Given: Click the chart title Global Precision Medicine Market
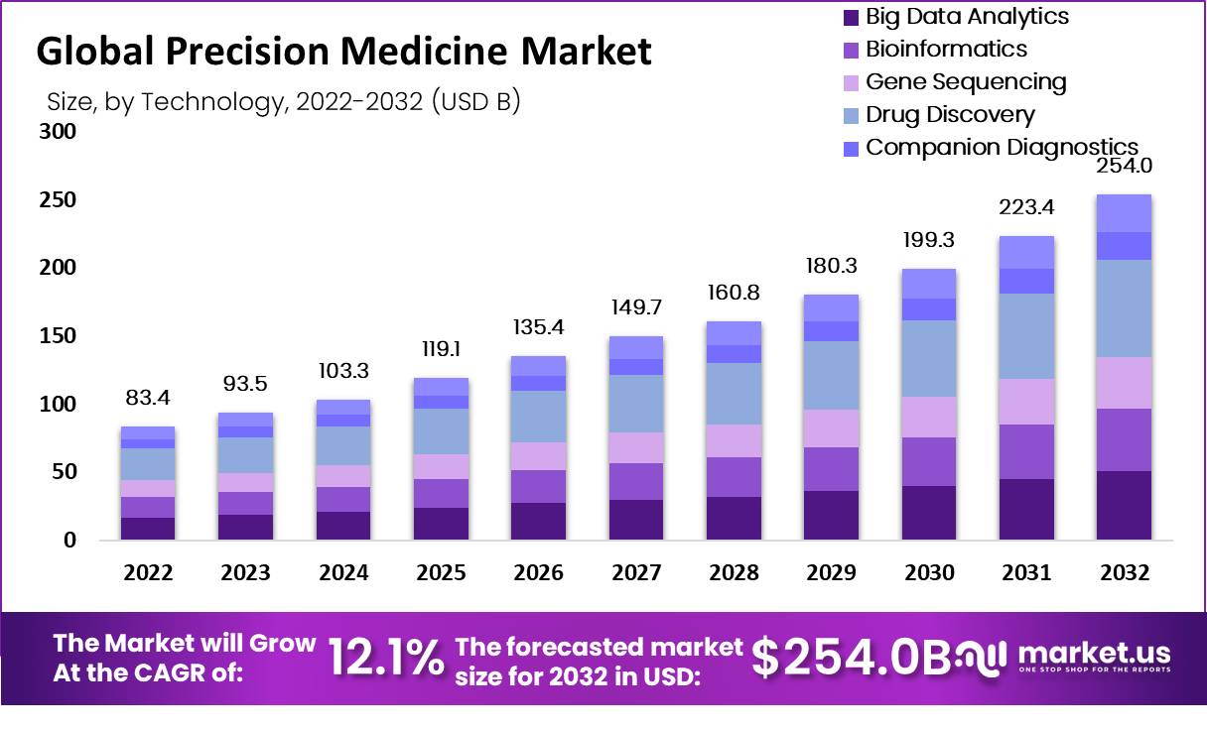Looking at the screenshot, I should tap(343, 51).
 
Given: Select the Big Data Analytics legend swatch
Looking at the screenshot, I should tap(850, 17).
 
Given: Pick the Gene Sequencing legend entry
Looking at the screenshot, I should tap(966, 81).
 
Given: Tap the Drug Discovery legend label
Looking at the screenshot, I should tap(950, 114).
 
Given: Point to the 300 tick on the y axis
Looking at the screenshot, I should tap(58, 132).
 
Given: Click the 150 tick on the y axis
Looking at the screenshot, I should tap(58, 336).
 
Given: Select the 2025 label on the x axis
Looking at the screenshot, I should tap(442, 573).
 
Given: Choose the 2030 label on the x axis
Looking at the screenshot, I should tap(930, 573).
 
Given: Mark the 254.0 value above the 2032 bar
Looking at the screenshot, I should tap(1123, 167).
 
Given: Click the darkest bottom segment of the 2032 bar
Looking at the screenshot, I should tap(1124, 505).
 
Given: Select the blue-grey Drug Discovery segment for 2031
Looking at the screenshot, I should tap(1026, 336).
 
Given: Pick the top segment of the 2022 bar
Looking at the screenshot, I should tap(148, 432).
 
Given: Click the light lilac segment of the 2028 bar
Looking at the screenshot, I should tap(734, 440).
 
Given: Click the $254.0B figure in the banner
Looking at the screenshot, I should tap(851, 657).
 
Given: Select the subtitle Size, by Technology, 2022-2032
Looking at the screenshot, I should tap(283, 102).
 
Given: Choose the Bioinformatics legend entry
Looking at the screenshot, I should tap(946, 49).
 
